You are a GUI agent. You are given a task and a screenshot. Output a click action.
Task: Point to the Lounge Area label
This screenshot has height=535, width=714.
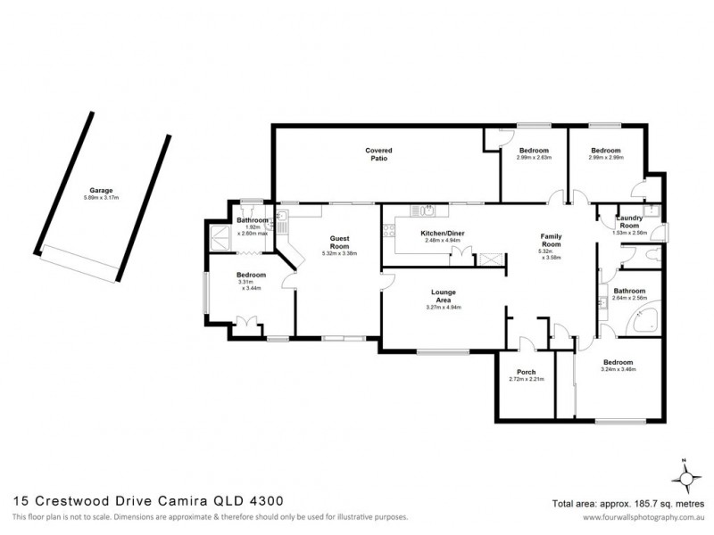444,295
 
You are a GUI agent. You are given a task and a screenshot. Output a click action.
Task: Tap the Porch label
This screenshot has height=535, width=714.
526,372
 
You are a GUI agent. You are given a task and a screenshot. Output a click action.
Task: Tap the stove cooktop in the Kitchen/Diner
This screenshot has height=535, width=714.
387,233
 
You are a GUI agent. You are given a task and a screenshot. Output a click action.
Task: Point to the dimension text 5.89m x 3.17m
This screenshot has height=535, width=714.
100,198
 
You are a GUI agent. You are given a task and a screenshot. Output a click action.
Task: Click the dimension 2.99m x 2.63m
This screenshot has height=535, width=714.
533,158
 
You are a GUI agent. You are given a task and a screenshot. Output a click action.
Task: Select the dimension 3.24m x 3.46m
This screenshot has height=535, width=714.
618,370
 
